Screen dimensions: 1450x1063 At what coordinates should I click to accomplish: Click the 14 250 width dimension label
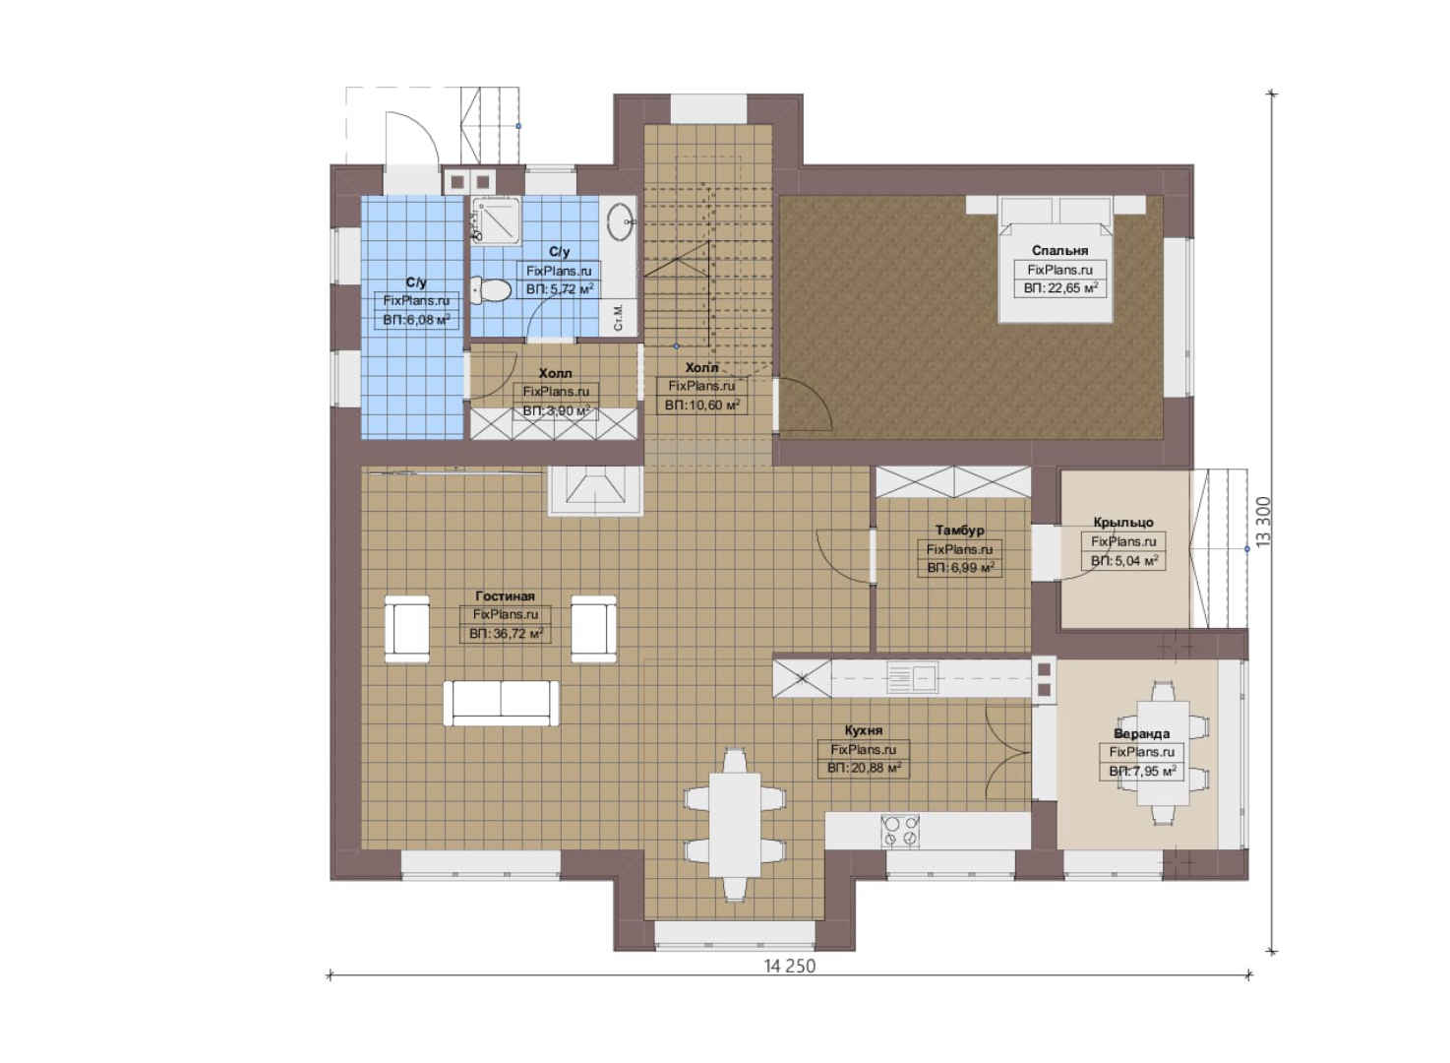tap(790, 966)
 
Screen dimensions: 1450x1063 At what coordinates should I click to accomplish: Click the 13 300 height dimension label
tap(1263, 522)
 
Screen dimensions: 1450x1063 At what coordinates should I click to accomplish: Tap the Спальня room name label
tap(1059, 250)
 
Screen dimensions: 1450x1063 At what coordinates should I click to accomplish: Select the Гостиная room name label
tap(505, 595)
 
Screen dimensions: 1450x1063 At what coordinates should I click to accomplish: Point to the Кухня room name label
tap(864, 730)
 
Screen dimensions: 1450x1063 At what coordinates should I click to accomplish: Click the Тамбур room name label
tap(959, 531)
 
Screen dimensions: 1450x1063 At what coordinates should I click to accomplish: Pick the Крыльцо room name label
tap(1123, 522)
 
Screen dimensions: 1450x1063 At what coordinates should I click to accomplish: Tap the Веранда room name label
tap(1142, 734)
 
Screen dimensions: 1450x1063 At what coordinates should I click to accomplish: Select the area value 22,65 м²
tap(1060, 288)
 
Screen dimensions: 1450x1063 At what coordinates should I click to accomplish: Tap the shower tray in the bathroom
tap(496, 220)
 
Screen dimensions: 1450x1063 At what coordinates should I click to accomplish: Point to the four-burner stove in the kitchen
tap(900, 831)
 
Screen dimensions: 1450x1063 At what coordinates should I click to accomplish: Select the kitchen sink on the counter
tap(912, 677)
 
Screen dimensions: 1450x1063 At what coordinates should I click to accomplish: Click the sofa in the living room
tap(501, 703)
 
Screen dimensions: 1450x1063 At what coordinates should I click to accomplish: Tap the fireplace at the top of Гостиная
tap(595, 491)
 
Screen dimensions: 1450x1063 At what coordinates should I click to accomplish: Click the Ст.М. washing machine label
tap(619, 317)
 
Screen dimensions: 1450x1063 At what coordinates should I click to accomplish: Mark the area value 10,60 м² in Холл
tap(701, 406)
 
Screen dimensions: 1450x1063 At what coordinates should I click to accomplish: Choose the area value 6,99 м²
tap(961, 568)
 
